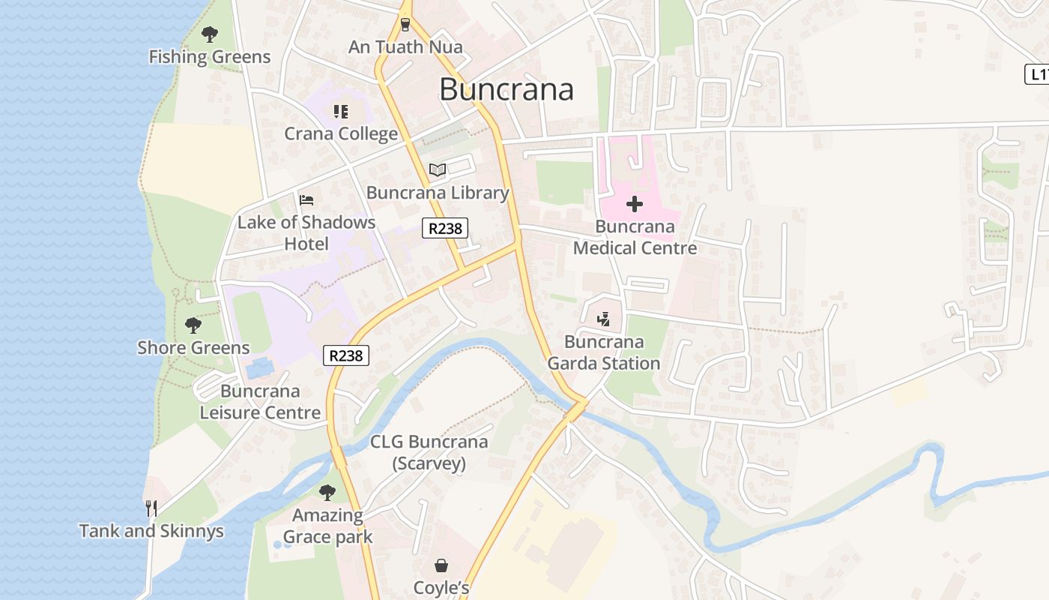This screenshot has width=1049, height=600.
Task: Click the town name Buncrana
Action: pos(507,89)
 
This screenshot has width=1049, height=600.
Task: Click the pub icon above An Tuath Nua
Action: pos(405,25)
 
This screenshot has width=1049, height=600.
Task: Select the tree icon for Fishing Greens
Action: pos(210,34)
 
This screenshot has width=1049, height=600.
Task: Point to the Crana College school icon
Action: pos(341,112)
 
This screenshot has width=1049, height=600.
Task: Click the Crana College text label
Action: pos(341,134)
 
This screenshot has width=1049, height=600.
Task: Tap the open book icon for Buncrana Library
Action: pos(438,170)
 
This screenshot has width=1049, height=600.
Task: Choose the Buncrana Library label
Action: pos(438,193)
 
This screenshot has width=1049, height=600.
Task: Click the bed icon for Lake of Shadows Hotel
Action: pos(306,199)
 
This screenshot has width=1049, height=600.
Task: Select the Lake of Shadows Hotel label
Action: pos(306,233)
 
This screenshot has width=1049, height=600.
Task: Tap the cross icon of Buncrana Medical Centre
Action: pos(635,204)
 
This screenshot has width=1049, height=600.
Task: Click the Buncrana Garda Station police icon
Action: pos(604,319)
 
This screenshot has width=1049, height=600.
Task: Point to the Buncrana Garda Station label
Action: pos(604,352)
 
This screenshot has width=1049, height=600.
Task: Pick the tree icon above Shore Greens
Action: pos(193,325)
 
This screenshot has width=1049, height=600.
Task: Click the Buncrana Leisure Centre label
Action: pos(260,402)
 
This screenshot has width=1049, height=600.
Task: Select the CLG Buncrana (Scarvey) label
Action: pos(429,452)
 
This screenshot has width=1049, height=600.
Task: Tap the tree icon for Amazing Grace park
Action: pos(327,493)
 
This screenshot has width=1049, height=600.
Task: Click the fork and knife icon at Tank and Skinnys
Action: pos(151,508)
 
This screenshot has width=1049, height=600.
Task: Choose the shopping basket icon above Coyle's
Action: pos(441,565)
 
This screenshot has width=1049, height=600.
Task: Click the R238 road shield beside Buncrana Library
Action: pos(445,228)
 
